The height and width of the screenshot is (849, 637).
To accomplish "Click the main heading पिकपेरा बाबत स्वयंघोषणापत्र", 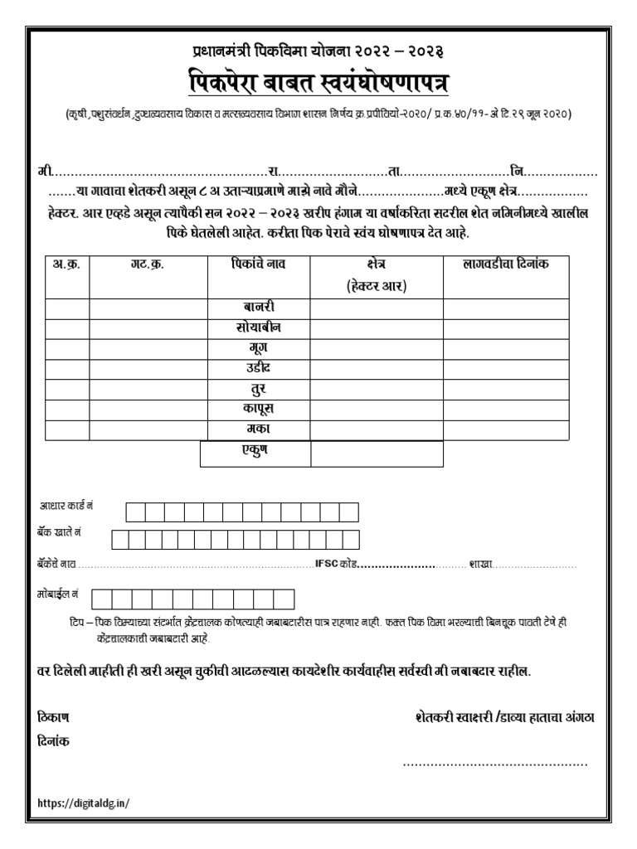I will (x=318, y=83).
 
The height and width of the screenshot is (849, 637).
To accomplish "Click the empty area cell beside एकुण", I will (x=377, y=454).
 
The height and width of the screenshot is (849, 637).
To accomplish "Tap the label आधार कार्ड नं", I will (x=67, y=505).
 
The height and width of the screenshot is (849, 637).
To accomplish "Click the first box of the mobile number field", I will (x=102, y=599).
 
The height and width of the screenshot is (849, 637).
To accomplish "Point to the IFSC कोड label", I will (x=336, y=564).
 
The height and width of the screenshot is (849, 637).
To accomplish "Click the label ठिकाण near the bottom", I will (x=54, y=716).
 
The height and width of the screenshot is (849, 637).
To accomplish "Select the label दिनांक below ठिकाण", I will (x=54, y=740).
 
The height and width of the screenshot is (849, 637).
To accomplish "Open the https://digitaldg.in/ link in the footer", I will (x=85, y=802).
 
